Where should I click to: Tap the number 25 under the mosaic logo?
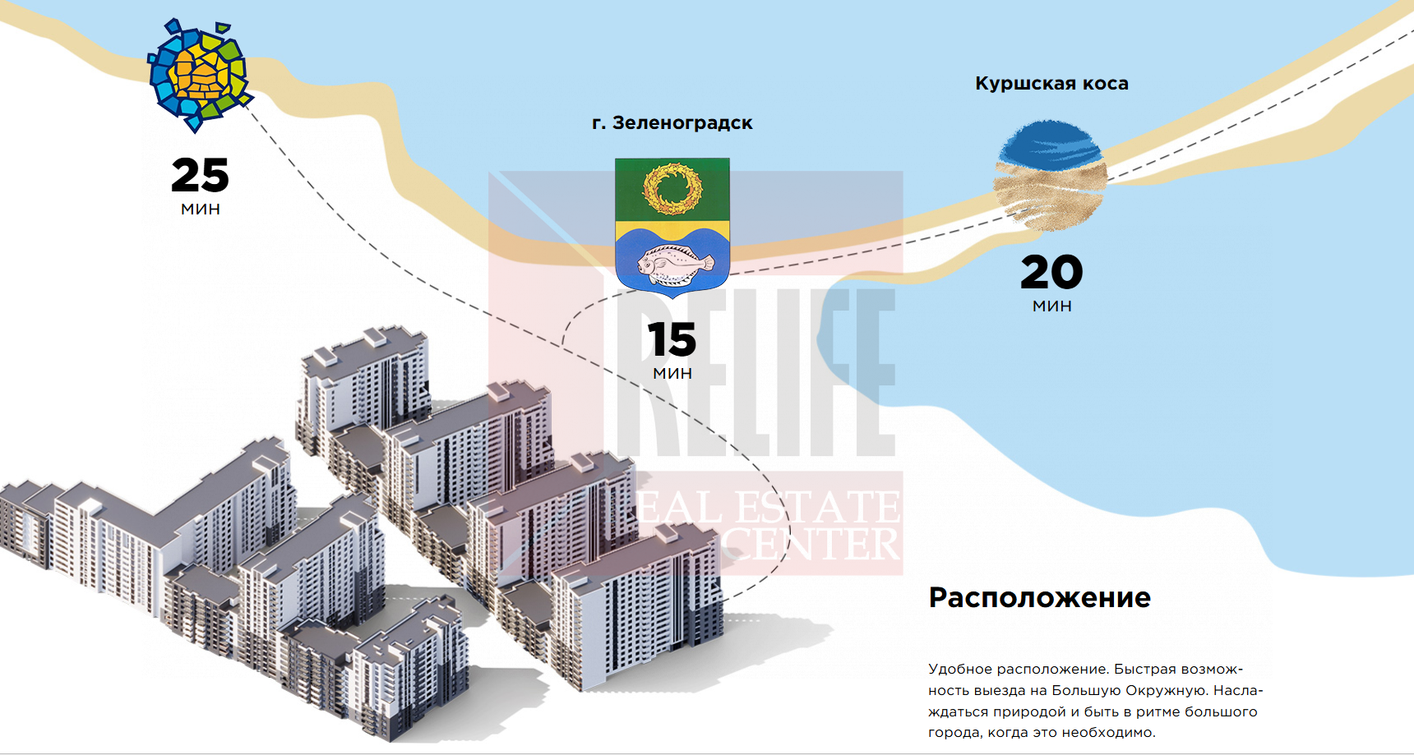[200, 175]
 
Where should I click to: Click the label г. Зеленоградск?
[672, 123]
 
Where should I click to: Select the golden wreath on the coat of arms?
[672, 188]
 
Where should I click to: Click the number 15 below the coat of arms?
[672, 339]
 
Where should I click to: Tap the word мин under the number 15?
[672, 374]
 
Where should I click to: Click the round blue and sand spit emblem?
[1050, 175]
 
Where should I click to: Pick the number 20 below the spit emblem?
[1051, 272]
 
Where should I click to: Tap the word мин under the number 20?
[1052, 306]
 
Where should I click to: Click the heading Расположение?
[1040, 597]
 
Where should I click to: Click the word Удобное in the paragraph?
[959, 670]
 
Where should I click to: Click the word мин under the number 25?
[201, 209]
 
